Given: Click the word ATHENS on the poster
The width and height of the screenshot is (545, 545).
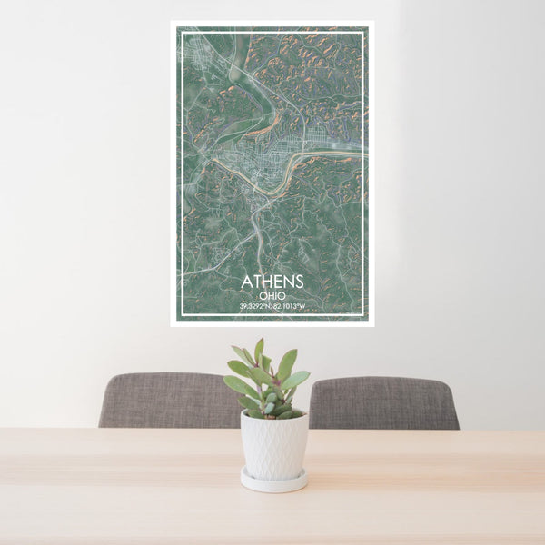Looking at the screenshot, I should [x=272, y=282].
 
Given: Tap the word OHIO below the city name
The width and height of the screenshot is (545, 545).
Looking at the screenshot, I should [x=272, y=295].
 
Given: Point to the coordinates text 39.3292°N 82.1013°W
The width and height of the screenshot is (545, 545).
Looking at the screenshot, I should [x=272, y=307].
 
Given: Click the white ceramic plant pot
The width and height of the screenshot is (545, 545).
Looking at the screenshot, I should [x=273, y=445].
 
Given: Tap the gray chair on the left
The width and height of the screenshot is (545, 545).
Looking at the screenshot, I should [x=168, y=401].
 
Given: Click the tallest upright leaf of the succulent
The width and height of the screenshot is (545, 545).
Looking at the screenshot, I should [x=259, y=351].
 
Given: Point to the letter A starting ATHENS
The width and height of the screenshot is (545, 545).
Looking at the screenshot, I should [x=246, y=282].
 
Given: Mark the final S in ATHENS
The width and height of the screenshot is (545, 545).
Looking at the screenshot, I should [x=299, y=282].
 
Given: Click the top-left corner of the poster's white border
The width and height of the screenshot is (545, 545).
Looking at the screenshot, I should [x=172, y=23].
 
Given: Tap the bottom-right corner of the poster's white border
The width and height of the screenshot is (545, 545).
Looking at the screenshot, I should [x=372, y=324].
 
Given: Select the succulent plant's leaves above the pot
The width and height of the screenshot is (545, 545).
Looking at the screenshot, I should [x=267, y=381].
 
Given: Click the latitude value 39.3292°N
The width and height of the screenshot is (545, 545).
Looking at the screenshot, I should [x=254, y=307].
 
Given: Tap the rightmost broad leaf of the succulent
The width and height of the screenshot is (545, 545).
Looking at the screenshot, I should [x=297, y=379].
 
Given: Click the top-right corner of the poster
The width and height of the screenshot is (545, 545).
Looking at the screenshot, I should [x=372, y=23].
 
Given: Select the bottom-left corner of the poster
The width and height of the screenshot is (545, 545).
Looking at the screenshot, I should [x=172, y=324].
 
